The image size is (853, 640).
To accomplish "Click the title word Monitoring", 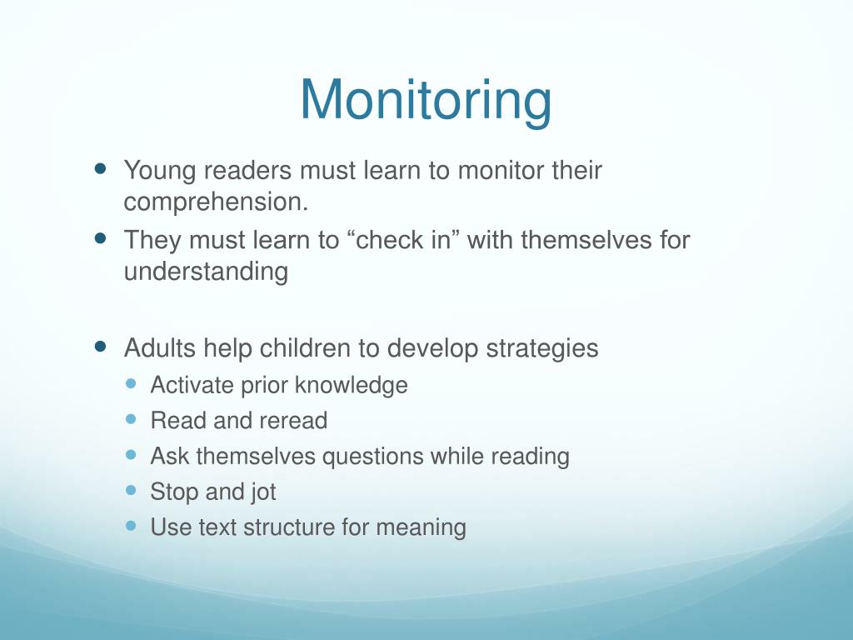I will coord(426,100).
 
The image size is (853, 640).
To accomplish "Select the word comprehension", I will coord(210,202).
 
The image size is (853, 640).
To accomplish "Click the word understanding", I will coord(206,272).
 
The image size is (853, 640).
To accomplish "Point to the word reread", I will coord(293,421).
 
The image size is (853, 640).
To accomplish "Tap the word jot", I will coord(262,492).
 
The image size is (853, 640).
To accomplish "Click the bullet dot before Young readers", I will coord(102,167).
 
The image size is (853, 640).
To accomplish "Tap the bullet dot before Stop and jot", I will coord(131,490).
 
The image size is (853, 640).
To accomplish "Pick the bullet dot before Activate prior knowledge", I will coord(131,384).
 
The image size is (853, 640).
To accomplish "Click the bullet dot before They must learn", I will coord(102,237).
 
